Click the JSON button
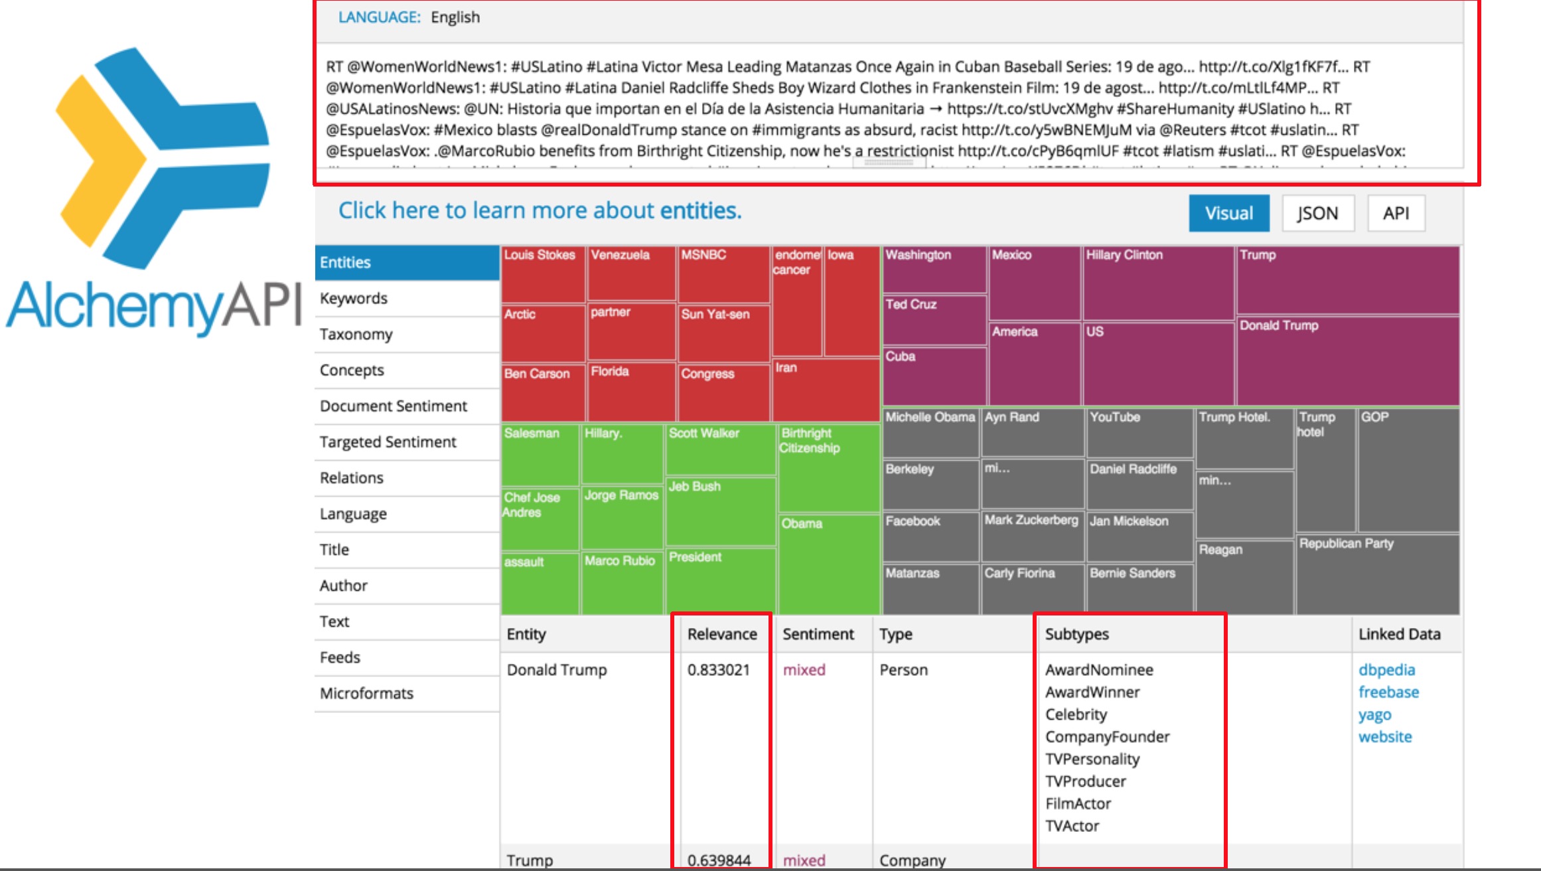click(1317, 213)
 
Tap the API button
click(1396, 213)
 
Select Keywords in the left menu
click(353, 298)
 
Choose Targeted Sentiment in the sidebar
click(388, 441)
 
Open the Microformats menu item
click(366, 693)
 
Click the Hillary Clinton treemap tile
click(1157, 283)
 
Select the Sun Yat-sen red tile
click(723, 332)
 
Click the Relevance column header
click(722, 634)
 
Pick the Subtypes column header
click(1076, 634)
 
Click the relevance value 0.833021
click(719, 670)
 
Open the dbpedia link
click(1386, 670)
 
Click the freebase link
click(1388, 692)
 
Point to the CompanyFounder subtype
click(1107, 737)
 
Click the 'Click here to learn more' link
click(540, 210)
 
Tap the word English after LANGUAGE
click(455, 17)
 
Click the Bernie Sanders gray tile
click(1139, 588)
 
